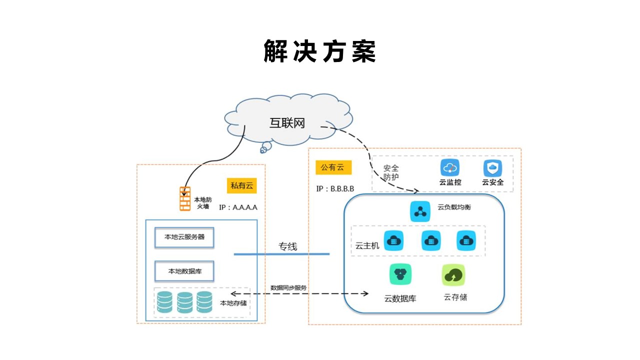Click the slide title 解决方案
319,51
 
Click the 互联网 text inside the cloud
287,123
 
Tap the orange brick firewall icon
185,198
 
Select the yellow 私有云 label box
241,186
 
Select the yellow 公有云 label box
333,167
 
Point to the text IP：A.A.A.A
238,206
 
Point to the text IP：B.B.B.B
335,189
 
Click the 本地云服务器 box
184,237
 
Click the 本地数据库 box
184,271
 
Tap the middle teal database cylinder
184,301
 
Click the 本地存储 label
233,303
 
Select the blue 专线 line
281,254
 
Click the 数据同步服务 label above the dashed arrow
288,288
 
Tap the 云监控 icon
449,168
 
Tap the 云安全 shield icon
492,168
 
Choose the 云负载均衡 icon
419,211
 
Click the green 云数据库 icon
400,274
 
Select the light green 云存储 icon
453,274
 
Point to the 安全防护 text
391,172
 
